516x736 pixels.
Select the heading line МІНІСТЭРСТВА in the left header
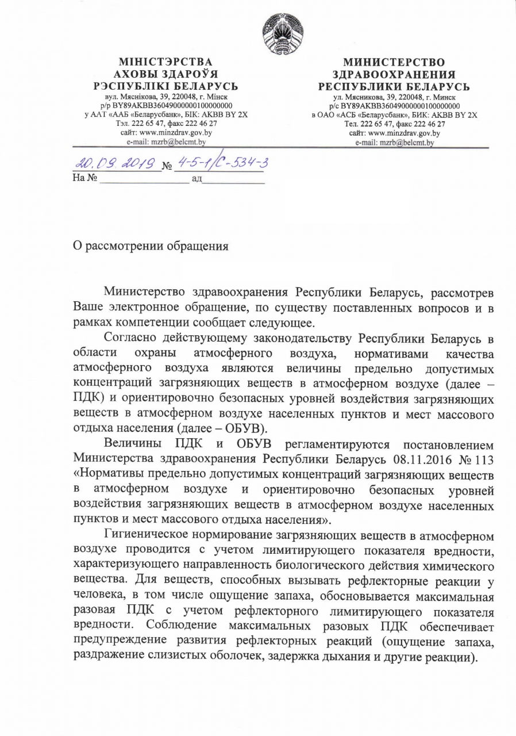click(x=165, y=62)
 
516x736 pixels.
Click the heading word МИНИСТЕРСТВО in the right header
click(x=394, y=62)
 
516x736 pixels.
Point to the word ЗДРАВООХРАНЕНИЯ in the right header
click(x=394, y=74)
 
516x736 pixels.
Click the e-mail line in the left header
click(x=165, y=141)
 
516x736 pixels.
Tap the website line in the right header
click(x=394, y=132)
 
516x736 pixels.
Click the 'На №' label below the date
click(x=83, y=179)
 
